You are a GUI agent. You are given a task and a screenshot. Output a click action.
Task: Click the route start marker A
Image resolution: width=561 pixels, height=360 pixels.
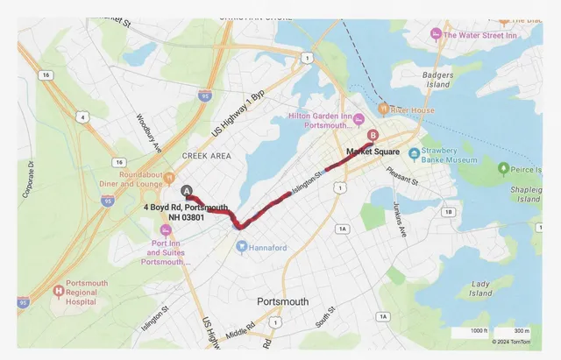click(x=185, y=190)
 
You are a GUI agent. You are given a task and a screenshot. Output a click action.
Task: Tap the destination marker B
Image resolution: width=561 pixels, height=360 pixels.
click(x=373, y=136)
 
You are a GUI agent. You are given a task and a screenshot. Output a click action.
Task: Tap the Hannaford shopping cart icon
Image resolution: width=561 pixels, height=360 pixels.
click(x=241, y=247)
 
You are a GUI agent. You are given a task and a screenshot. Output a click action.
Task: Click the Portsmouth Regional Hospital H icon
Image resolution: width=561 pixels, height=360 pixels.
click(x=59, y=291)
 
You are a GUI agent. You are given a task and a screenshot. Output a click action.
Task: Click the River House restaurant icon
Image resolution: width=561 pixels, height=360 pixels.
click(x=383, y=109)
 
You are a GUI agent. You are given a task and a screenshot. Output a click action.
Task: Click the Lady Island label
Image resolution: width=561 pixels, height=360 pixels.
click(x=480, y=289)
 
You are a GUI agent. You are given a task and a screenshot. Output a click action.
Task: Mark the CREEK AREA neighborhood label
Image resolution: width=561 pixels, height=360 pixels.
click(x=206, y=155)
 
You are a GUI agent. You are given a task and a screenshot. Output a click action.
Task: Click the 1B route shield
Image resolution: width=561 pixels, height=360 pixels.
click(x=449, y=212)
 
